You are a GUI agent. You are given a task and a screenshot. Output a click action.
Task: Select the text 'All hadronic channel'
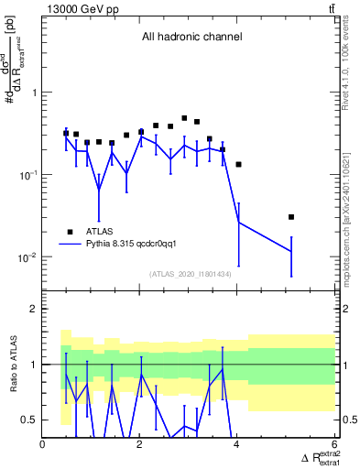[x=191, y=38]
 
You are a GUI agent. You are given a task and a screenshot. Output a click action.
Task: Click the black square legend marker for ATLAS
[x=69, y=232]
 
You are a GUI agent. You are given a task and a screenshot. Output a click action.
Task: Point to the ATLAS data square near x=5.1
[x=291, y=217]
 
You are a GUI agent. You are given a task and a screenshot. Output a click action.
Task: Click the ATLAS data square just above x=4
[x=238, y=165]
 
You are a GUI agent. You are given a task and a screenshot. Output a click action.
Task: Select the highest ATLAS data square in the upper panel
[x=184, y=118]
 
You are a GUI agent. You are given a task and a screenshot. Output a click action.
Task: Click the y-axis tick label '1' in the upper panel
[x=34, y=93]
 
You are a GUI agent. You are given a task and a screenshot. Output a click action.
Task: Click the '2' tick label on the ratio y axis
[x=34, y=310]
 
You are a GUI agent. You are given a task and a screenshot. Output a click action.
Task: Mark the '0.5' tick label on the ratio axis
[x=29, y=420]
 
